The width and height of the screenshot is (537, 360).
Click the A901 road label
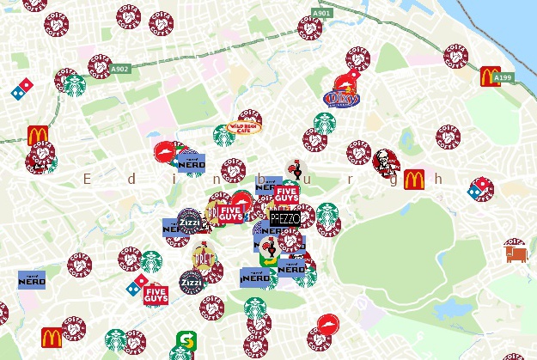322,14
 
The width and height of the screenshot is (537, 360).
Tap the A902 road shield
120,69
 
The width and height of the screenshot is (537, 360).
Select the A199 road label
503,77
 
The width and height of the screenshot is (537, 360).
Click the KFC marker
386,161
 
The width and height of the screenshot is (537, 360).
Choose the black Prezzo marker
285,219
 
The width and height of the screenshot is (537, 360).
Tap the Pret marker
204,255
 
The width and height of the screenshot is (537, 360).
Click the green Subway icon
184,341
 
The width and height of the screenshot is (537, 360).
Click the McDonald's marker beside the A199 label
491,76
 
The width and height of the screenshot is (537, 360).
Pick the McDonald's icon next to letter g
414,180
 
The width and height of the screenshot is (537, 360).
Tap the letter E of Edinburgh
87,179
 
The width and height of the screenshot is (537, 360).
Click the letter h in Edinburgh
438,179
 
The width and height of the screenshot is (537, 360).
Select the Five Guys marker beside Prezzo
286,196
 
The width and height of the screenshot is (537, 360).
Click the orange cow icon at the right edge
516,253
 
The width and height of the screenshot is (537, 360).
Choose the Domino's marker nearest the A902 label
22,87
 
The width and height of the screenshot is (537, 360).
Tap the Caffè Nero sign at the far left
32,280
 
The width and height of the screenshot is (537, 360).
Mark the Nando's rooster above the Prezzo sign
296,168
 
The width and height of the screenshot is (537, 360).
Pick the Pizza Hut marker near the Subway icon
328,324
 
